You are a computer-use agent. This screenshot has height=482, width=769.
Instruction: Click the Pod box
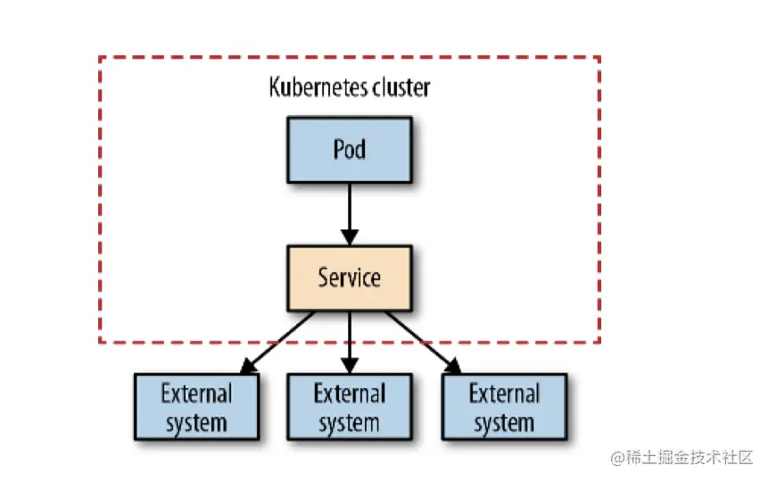click(349, 149)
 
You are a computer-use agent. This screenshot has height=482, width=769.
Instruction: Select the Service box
click(349, 278)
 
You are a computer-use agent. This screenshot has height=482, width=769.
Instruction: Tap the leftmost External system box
click(196, 407)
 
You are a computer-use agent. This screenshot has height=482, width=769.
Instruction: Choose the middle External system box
click(349, 407)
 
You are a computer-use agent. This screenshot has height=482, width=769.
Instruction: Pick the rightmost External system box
click(504, 407)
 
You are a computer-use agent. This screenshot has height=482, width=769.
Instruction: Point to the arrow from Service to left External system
click(281, 339)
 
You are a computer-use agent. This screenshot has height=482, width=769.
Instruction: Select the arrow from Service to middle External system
click(349, 339)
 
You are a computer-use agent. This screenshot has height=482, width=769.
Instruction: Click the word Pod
click(349, 149)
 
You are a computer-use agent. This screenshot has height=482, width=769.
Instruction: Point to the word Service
click(349, 278)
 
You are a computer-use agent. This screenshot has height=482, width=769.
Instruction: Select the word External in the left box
click(196, 394)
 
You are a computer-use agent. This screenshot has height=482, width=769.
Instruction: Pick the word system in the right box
click(504, 422)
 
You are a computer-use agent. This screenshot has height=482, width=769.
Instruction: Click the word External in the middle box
click(349, 394)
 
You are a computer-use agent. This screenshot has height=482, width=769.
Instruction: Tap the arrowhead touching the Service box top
click(349, 237)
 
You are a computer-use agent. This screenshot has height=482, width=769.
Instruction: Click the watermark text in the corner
click(682, 458)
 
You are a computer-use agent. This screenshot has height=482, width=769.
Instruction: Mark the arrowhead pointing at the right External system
click(452, 365)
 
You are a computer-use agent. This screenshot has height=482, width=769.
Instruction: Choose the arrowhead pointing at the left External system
click(248, 365)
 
